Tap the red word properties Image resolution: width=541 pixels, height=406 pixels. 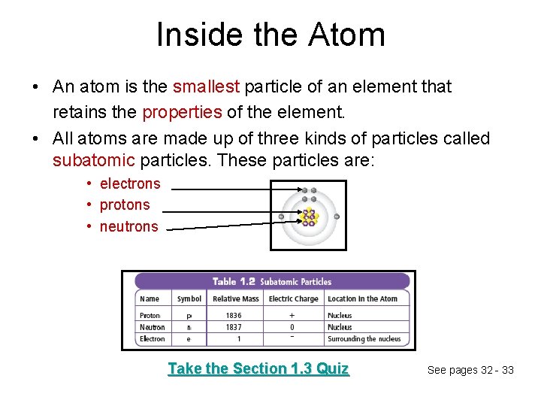click(x=182, y=113)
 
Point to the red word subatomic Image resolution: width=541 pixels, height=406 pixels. click(x=94, y=161)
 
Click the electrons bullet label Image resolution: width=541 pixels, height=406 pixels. click(x=130, y=183)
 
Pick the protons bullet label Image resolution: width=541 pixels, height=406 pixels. click(x=125, y=205)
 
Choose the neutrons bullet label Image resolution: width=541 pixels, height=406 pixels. click(x=128, y=226)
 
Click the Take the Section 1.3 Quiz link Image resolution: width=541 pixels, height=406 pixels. click(x=258, y=368)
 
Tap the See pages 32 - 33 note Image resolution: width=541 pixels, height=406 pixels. click(x=470, y=370)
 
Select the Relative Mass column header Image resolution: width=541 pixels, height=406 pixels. click(x=235, y=298)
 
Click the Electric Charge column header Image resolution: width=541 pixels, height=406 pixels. click(x=293, y=298)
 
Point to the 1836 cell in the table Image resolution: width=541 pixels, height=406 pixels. click(x=234, y=316)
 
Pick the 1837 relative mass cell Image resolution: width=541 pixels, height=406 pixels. click(x=234, y=327)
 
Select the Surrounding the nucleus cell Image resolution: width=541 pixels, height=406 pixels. click(x=364, y=339)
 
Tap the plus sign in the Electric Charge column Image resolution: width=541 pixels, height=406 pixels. click(x=292, y=316)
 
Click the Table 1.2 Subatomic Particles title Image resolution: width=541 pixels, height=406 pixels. click(x=272, y=282)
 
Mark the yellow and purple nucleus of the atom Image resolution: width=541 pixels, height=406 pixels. click(x=309, y=217)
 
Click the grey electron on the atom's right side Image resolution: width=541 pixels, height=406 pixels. click(x=337, y=217)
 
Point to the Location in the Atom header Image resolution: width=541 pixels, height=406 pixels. click(x=362, y=298)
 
